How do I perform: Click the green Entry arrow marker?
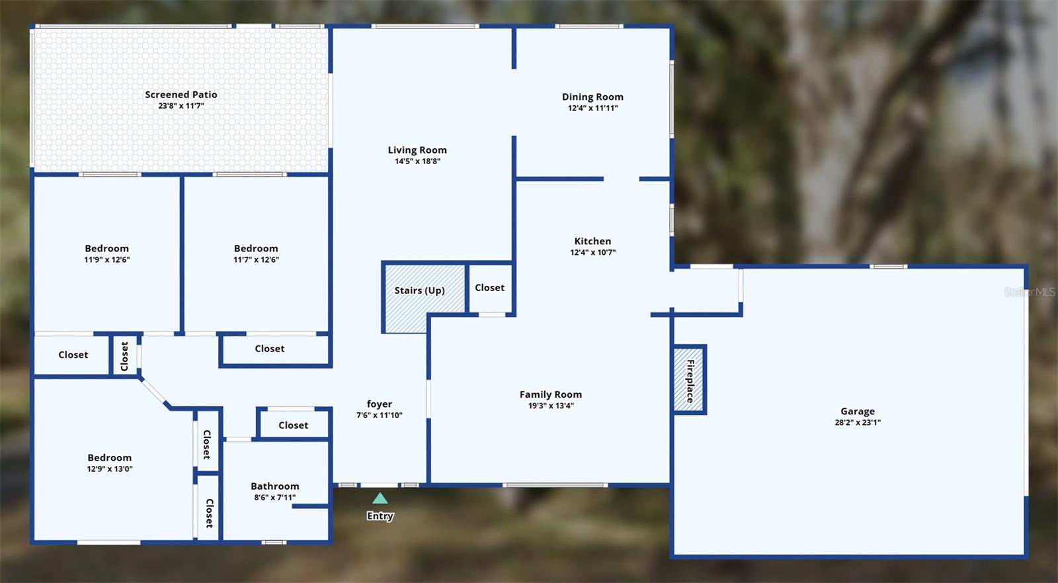tap(380, 498)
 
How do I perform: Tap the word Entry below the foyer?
tap(380, 516)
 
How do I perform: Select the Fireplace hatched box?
tap(689, 380)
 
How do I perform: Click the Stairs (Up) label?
tap(419, 291)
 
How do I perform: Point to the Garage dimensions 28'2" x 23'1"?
tap(858, 422)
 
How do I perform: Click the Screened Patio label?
tap(181, 95)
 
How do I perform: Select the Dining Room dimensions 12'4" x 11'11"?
tap(592, 108)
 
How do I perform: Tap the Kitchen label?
tap(592, 242)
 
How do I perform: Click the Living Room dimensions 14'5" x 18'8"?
tap(417, 161)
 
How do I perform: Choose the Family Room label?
tap(551, 394)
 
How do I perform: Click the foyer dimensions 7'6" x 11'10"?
tap(380, 415)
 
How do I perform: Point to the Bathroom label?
tap(275, 486)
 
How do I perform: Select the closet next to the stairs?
tap(489, 288)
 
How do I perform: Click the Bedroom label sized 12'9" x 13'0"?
tap(110, 458)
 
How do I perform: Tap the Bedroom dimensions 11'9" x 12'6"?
tap(107, 259)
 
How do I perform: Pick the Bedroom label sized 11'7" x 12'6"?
tap(256, 249)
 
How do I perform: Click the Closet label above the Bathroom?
tap(293, 426)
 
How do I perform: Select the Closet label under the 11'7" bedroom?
tap(270, 349)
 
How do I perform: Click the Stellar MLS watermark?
tap(1029, 292)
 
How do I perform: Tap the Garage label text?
tap(858, 412)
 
